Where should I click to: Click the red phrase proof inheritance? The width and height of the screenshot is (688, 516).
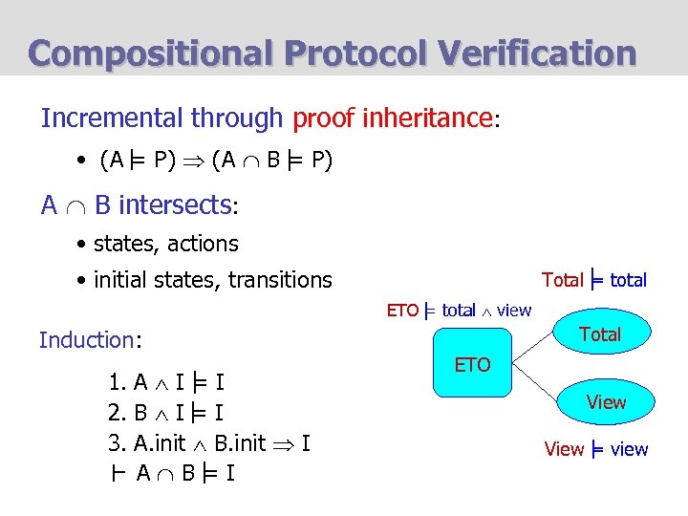392,118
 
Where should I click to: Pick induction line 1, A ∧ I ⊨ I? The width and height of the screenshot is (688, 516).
166,383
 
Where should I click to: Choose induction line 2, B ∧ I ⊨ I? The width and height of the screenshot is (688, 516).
166,413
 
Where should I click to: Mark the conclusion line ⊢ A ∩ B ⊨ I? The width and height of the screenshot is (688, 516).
172,473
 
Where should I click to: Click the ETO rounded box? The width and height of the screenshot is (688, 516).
472,364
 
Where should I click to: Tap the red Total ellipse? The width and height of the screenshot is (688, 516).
599,334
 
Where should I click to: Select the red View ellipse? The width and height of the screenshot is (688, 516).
606,401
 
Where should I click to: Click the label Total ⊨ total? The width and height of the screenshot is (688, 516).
593,280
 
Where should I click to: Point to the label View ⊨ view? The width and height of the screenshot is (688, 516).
595,449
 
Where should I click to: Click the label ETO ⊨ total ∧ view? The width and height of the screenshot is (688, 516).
459,310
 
